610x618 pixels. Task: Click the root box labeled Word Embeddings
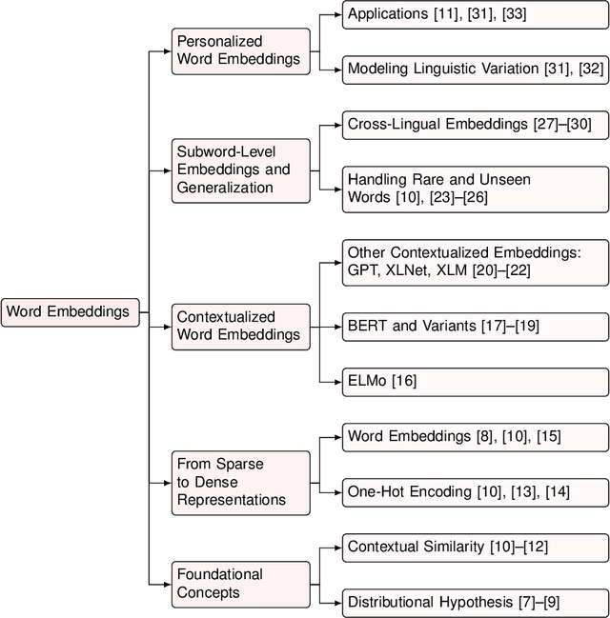click(x=71, y=311)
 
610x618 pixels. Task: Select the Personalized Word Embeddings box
click(x=241, y=51)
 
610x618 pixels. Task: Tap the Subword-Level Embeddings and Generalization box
click(x=241, y=169)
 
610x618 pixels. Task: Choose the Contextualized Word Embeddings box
click(x=241, y=326)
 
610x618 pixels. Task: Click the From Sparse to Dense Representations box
click(x=241, y=482)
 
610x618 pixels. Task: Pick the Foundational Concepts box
click(x=241, y=584)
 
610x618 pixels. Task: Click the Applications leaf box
click(x=475, y=15)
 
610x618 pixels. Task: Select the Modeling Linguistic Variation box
click(x=475, y=69)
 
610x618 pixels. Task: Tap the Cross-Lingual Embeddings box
click(x=475, y=124)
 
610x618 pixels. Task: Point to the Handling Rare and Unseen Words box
click(x=475, y=188)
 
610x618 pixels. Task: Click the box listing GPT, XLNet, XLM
click(x=475, y=261)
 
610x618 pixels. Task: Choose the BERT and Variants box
click(x=475, y=326)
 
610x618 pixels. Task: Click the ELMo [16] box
click(x=475, y=381)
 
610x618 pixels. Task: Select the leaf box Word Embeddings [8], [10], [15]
click(x=475, y=437)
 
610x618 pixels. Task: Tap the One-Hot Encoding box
click(x=475, y=491)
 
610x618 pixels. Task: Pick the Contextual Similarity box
click(x=475, y=547)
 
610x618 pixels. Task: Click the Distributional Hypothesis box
click(x=475, y=601)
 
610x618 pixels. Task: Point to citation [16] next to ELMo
click(x=404, y=381)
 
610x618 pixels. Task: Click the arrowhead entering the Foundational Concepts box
click(x=168, y=584)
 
